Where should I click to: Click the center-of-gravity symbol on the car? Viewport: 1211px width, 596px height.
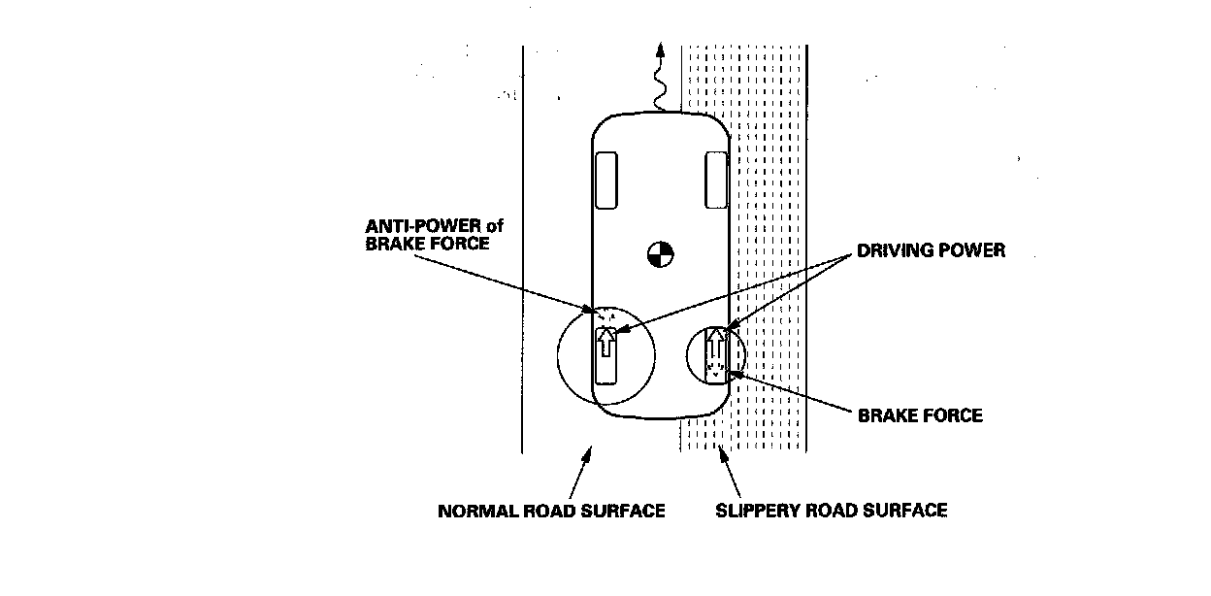coord(660,254)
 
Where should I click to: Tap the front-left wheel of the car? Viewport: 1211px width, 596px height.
coord(606,180)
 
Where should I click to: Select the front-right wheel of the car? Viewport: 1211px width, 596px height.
coord(716,179)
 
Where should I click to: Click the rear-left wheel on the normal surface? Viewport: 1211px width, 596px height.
coord(605,355)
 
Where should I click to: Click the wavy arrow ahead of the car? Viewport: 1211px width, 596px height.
coord(659,78)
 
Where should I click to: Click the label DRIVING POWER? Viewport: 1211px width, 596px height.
coord(932,250)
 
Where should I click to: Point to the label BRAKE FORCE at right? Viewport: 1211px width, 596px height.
coord(920,415)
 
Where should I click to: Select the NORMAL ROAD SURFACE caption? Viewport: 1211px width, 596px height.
coord(551,511)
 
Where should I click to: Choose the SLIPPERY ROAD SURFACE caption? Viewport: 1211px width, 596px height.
coord(831,510)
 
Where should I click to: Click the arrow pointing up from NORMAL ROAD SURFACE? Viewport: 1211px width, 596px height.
coord(578,471)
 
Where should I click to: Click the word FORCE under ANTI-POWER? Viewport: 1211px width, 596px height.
coord(460,245)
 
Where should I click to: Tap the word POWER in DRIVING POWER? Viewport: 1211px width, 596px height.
coord(975,250)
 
